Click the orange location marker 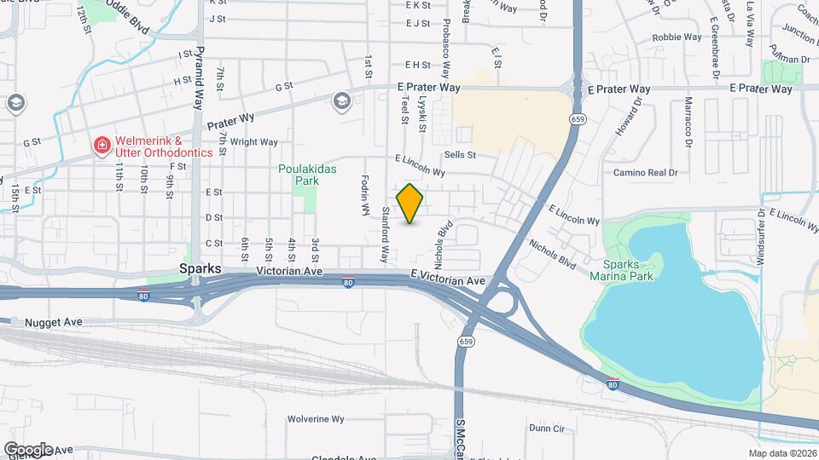(409, 204)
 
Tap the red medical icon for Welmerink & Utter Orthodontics (102, 146)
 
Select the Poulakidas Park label (308, 175)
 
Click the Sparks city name (201, 268)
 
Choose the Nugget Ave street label (53, 322)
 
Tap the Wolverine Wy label (315, 419)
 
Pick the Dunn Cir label (547, 428)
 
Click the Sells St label (459, 155)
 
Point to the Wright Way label (254, 142)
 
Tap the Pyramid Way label (200, 78)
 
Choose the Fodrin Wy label (364, 194)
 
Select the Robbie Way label (677, 37)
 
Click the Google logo (28, 449)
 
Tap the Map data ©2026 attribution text (781, 453)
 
